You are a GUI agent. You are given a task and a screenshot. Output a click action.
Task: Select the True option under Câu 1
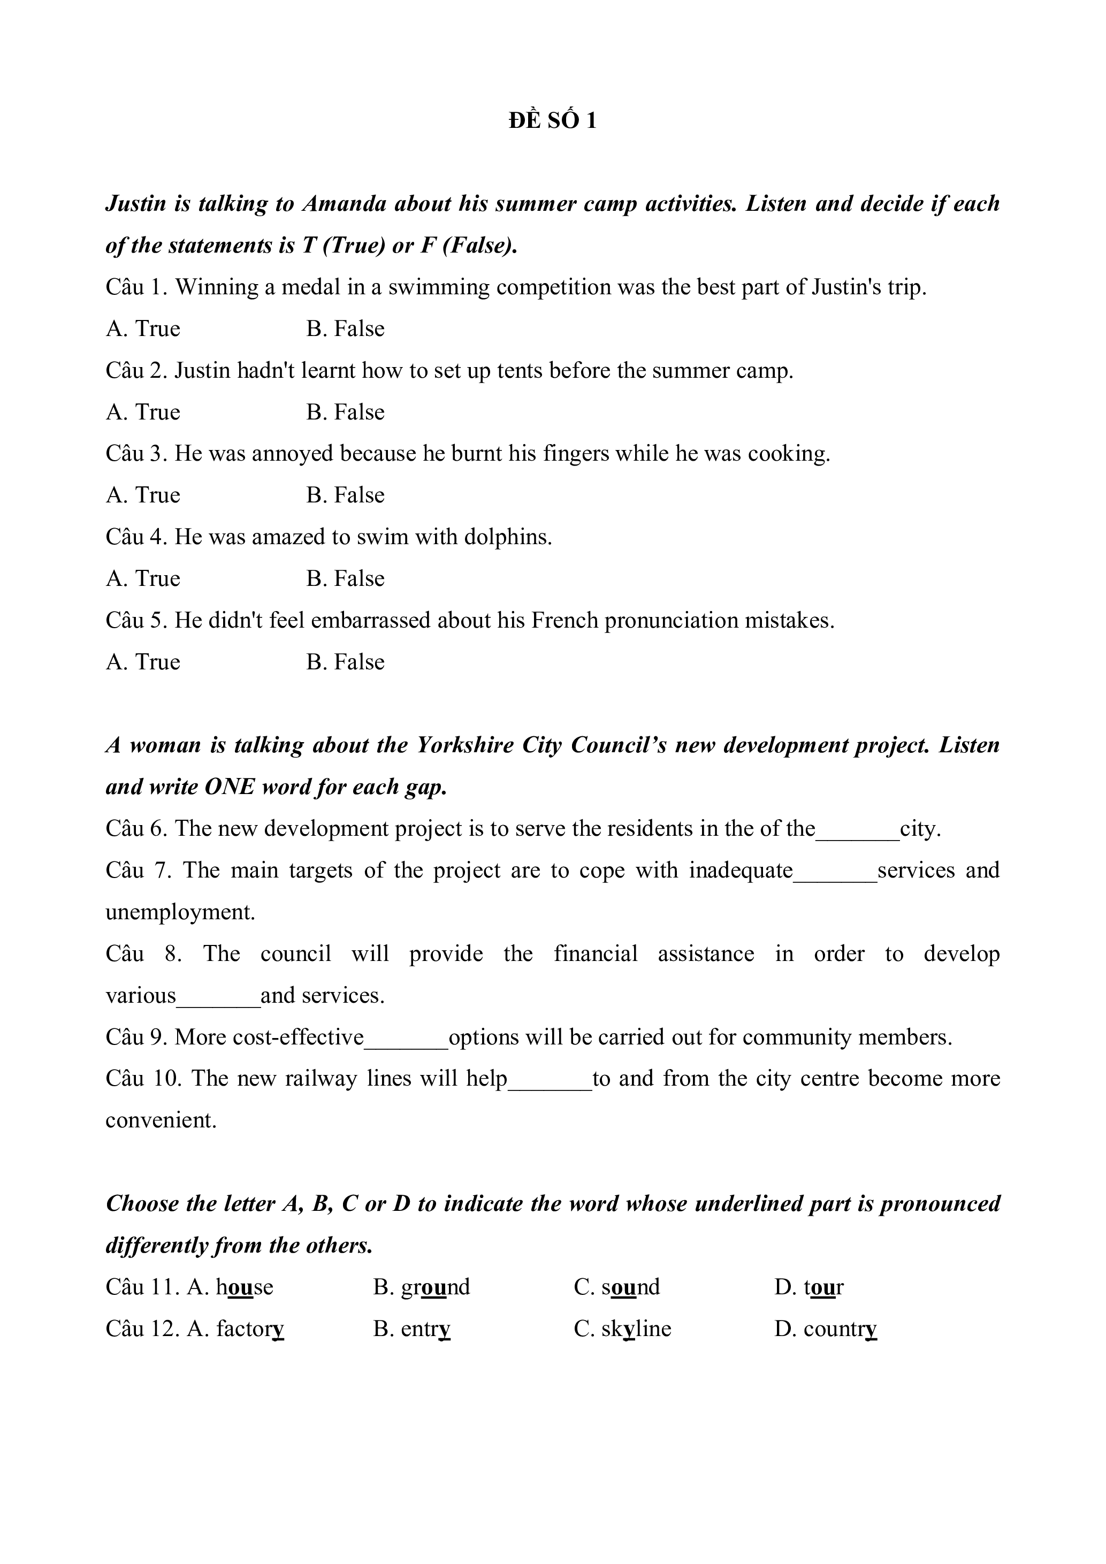[143, 329]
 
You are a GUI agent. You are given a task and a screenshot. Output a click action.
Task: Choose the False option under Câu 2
[345, 412]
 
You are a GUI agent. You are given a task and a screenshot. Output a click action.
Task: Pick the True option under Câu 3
[143, 495]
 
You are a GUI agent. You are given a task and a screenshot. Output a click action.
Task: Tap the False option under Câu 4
[345, 578]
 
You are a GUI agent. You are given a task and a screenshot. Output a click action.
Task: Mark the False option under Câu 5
[345, 661]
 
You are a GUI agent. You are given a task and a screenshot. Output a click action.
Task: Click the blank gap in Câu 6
[857, 830]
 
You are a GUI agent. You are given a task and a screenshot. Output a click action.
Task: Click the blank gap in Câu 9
[406, 1037]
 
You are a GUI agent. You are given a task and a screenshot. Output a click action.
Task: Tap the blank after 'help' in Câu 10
[550, 1079]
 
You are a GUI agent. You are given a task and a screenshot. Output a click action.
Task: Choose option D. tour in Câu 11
[808, 1287]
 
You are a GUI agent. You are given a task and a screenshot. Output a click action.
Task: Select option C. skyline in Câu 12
[622, 1329]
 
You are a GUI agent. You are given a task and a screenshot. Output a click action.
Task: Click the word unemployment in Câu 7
[180, 913]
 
